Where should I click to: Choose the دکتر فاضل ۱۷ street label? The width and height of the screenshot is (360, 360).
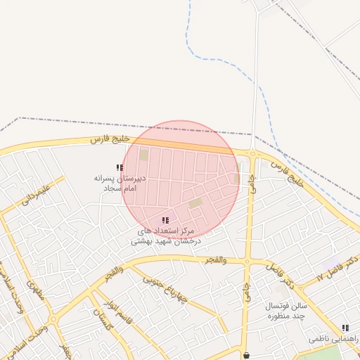(337, 268)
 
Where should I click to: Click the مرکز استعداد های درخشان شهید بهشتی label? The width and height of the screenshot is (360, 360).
(165, 236)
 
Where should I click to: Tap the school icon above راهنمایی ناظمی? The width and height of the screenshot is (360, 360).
(345, 328)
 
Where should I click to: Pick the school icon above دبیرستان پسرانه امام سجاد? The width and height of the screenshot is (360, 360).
(120, 168)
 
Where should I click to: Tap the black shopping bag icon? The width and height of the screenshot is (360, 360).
(246, 355)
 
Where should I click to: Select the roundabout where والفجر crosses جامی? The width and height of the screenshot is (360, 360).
(247, 262)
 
